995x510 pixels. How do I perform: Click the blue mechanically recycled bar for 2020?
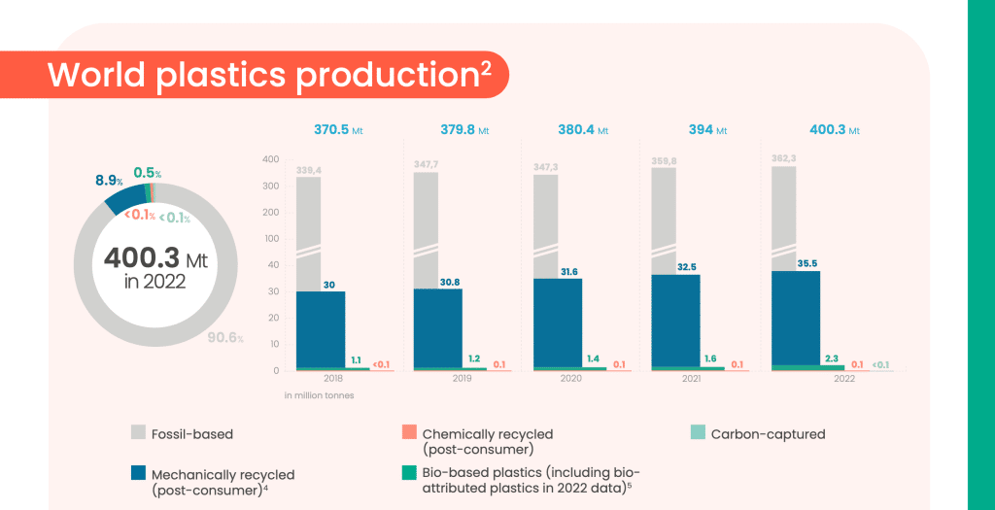coord(557,323)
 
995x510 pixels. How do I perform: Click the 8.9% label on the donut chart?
coord(108,181)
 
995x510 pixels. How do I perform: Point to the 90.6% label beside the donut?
coord(225,338)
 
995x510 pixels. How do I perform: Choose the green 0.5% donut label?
coord(148,173)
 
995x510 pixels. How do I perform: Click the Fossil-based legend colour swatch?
coord(139,433)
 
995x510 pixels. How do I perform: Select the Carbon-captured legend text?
coord(768,434)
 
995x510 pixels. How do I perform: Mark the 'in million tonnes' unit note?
coord(320,395)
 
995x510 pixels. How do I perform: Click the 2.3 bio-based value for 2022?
coord(833,357)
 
